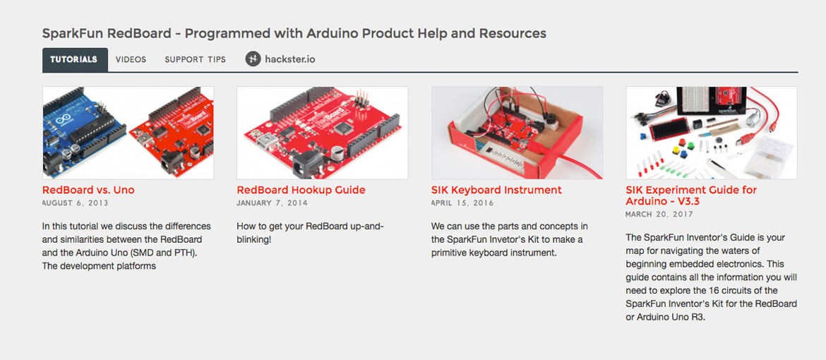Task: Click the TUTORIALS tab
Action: click(x=75, y=59)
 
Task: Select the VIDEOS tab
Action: click(x=131, y=59)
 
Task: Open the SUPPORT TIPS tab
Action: click(x=196, y=59)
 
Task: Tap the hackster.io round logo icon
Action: click(x=253, y=59)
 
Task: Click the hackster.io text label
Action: click(x=290, y=59)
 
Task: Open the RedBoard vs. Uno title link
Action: click(x=88, y=190)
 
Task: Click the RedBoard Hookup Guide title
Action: click(x=301, y=190)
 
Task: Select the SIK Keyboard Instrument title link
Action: click(x=497, y=190)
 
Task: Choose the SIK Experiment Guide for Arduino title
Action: click(x=691, y=196)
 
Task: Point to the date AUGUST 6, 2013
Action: click(x=76, y=203)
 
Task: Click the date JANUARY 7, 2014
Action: click(x=273, y=203)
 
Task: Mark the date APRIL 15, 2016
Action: click(x=462, y=203)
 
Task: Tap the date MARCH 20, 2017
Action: click(x=659, y=215)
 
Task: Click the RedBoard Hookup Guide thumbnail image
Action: click(x=323, y=133)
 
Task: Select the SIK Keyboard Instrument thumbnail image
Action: click(x=517, y=133)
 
